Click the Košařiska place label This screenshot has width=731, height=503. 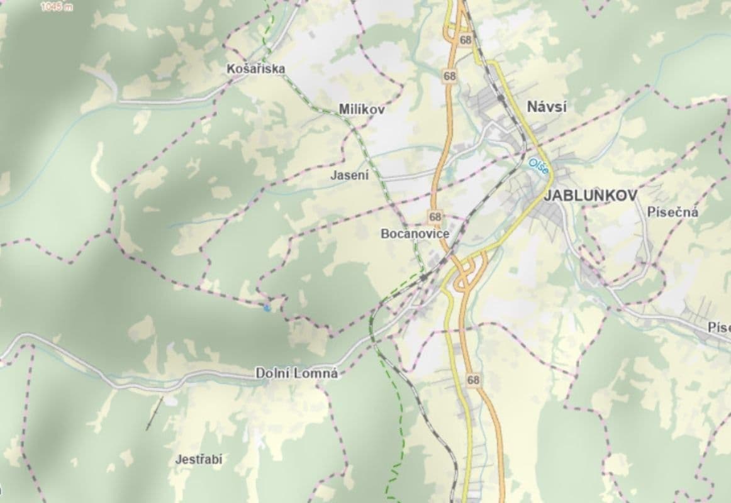(256, 69)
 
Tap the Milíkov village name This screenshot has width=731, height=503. (361, 109)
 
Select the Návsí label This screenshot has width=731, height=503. (547, 107)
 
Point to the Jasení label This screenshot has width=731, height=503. (350, 176)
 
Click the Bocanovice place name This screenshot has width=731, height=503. (415, 234)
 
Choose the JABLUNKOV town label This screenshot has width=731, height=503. (590, 196)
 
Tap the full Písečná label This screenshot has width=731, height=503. (672, 213)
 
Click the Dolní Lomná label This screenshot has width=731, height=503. (296, 373)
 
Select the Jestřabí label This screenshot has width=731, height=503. (199, 460)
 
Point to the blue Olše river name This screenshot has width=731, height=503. (538, 166)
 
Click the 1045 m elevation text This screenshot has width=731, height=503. (57, 7)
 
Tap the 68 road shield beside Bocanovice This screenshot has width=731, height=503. (435, 217)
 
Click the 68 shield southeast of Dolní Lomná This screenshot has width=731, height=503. (473, 380)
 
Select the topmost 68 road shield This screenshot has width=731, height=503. (466, 40)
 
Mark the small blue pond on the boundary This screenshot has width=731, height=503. (268, 307)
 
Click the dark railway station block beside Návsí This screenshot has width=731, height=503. (501, 99)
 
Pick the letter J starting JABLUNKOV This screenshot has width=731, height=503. (547, 196)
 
